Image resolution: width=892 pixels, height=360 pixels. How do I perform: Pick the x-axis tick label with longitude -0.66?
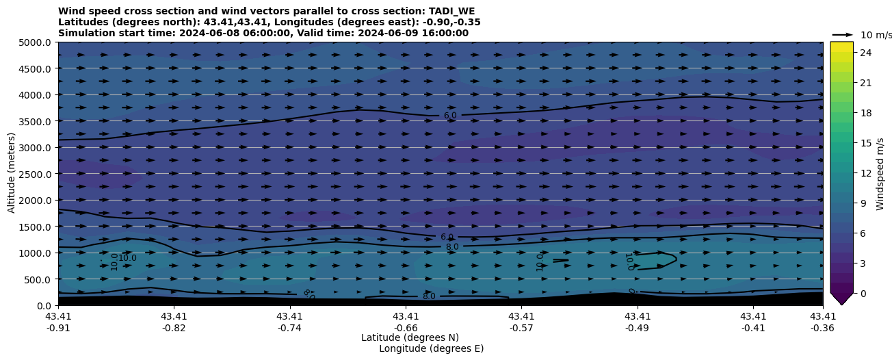pyautogui.click(x=406, y=322)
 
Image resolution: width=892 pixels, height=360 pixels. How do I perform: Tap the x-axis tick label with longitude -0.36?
pyautogui.click(x=823, y=322)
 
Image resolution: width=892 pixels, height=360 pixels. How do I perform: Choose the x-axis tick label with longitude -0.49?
pyautogui.click(x=638, y=322)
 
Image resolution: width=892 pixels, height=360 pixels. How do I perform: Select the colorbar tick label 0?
pyautogui.click(x=863, y=293)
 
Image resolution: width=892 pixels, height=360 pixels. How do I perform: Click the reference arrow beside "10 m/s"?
pyautogui.click(x=843, y=35)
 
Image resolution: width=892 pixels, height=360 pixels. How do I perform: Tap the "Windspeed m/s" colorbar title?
pyautogui.click(x=880, y=173)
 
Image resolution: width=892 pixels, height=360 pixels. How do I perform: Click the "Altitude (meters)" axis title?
pyautogui.click(x=12, y=173)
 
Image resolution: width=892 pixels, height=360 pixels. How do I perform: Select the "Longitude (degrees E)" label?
pyautogui.click(x=431, y=348)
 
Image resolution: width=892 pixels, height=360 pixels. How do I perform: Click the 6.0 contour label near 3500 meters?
pyautogui.click(x=450, y=116)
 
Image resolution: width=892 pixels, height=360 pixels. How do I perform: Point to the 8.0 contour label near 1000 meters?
pyautogui.click(x=452, y=247)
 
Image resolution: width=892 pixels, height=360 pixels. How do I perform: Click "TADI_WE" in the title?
pyautogui.click(x=451, y=12)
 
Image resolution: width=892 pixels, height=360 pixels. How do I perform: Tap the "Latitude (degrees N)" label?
pyautogui.click(x=410, y=337)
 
